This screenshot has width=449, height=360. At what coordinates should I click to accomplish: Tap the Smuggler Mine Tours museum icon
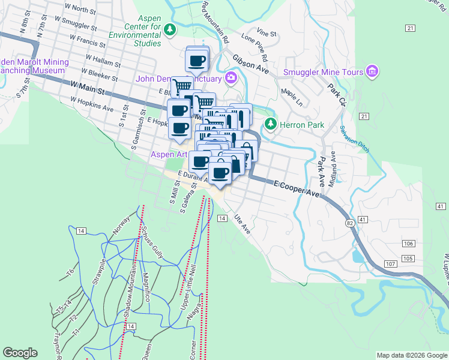pos(372,72)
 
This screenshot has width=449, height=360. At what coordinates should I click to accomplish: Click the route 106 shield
pos(408,243)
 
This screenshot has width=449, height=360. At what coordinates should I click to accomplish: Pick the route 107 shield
pos(390,264)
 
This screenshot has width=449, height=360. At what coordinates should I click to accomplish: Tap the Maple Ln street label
pos(293,97)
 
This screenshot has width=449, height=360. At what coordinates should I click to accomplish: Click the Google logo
pos(20,353)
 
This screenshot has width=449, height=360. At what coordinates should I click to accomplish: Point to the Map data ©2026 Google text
pos(412,355)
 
